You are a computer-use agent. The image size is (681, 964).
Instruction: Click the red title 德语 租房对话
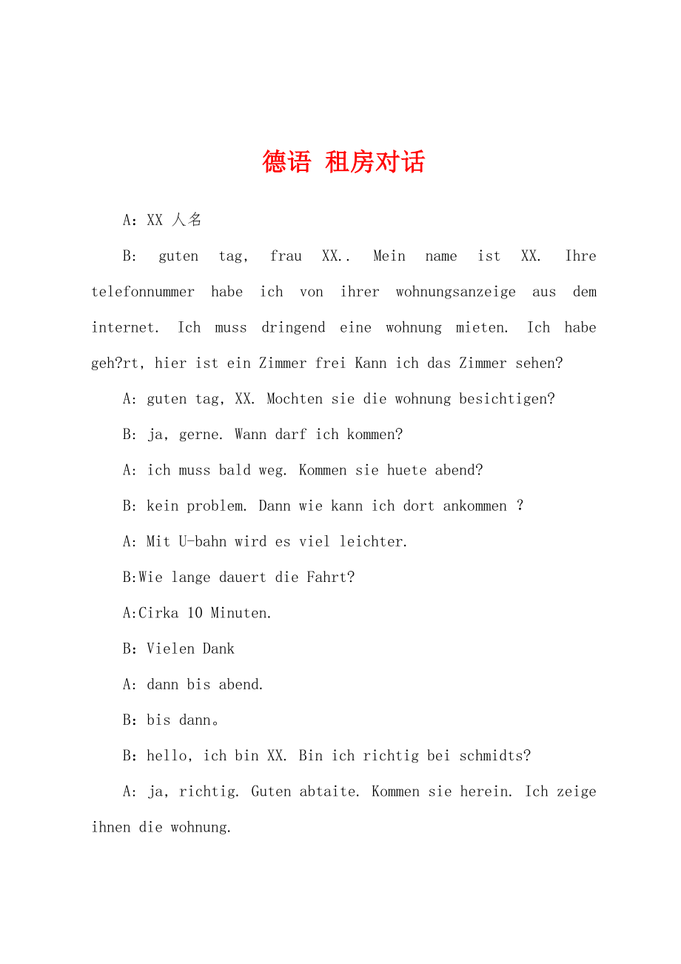click(x=343, y=162)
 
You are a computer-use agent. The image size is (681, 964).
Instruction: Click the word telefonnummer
click(x=143, y=292)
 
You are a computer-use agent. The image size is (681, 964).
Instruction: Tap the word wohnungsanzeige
click(x=455, y=292)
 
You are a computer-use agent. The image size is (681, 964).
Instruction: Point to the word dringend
click(x=293, y=327)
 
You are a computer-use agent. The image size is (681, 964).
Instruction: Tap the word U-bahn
click(x=202, y=542)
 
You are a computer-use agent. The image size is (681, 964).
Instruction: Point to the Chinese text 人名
click(x=186, y=220)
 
